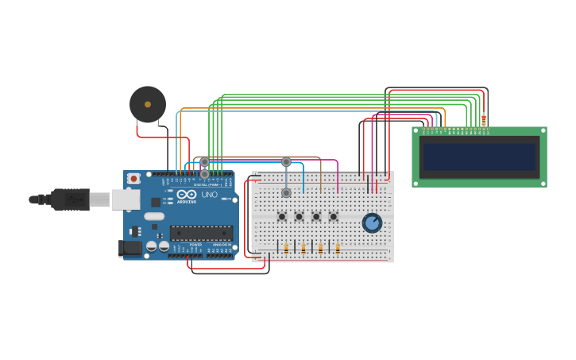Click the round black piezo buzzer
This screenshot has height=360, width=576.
coord(148,104)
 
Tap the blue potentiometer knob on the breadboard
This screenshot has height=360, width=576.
coord(372,223)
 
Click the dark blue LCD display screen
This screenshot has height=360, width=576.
coord(480,157)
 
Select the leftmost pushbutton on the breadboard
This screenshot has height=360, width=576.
coord(281,216)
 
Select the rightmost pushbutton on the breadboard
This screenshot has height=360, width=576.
coord(334,216)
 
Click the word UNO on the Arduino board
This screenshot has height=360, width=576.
coord(210,195)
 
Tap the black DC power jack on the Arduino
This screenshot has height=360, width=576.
coord(130,248)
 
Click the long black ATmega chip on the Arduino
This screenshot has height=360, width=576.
coord(201,233)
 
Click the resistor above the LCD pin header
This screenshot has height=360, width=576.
coord(484,120)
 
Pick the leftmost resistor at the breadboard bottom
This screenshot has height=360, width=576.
coord(286,248)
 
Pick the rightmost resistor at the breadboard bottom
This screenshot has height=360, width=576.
coord(338,248)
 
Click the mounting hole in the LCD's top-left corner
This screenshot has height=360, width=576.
coord(416,130)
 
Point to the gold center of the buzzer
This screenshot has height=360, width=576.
coord(148,104)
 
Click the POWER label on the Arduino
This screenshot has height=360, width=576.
coord(195,245)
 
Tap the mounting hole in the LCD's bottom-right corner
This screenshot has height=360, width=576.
coord(543,184)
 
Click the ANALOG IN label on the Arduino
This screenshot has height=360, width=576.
coord(220,245)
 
